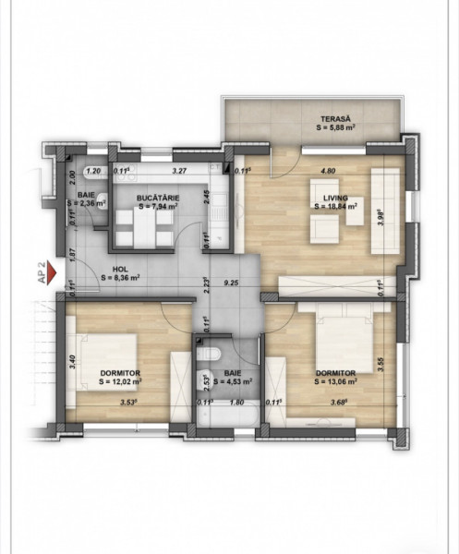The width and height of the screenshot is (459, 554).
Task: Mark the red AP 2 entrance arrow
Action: coord(53,273)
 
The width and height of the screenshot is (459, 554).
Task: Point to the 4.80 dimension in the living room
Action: coord(326,171)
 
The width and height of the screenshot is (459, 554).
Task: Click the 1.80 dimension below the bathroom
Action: coord(235,402)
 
